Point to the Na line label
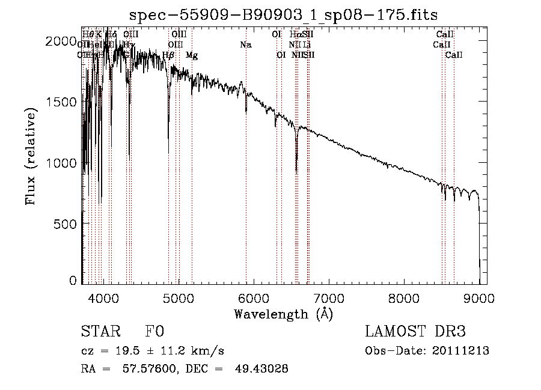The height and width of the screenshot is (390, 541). [245, 44]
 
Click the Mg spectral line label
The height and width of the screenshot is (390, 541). [192, 55]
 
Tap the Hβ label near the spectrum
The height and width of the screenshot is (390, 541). [169, 55]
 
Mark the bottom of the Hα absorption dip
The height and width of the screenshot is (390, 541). [296, 171]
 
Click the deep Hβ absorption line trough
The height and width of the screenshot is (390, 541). [168, 153]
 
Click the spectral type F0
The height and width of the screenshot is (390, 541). [154, 332]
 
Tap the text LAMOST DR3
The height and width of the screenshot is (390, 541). [415, 332]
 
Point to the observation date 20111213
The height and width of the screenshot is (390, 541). [461, 351]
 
